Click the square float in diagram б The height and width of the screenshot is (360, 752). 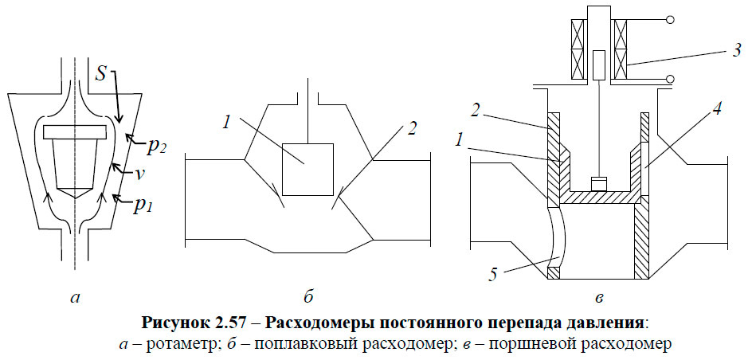click(x=307, y=168)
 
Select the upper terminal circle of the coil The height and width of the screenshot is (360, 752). click(x=671, y=19)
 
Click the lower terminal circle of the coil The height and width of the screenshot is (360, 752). click(x=671, y=78)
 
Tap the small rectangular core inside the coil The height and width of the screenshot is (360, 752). click(x=598, y=62)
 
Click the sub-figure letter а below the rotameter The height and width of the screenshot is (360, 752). click(x=76, y=299)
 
